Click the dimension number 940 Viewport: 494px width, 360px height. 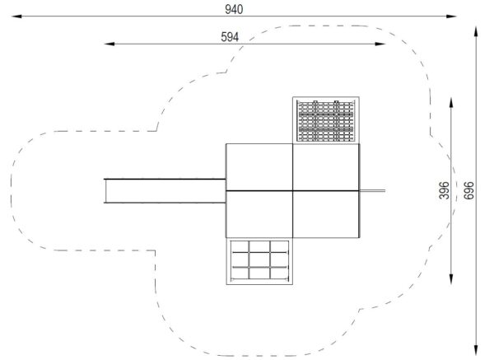(234, 10)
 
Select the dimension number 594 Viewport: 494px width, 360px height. (230, 37)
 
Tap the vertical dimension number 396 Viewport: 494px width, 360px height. (444, 190)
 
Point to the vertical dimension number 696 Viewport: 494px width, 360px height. (468, 190)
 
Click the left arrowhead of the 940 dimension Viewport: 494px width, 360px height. (16, 16)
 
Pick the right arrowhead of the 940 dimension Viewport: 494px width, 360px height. (451, 16)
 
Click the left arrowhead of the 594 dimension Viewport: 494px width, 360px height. (110, 44)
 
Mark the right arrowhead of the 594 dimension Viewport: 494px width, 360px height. (380, 44)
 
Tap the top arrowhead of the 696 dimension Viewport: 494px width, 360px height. (476, 32)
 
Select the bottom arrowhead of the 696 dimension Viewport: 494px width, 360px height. (476, 350)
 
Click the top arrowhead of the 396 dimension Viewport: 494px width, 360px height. (451, 103)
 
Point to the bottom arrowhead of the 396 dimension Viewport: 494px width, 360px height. (451, 279)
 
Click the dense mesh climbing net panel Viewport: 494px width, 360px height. (326, 120)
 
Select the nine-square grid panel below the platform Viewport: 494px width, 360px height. (259, 261)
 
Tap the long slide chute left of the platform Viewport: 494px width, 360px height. (165, 191)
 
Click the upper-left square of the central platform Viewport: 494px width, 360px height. (259, 167)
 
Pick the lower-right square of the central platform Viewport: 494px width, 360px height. (326, 214)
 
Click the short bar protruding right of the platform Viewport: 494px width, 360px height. (372, 191)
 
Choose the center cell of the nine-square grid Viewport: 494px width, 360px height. (259, 259)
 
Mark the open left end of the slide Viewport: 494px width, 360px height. (105, 191)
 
